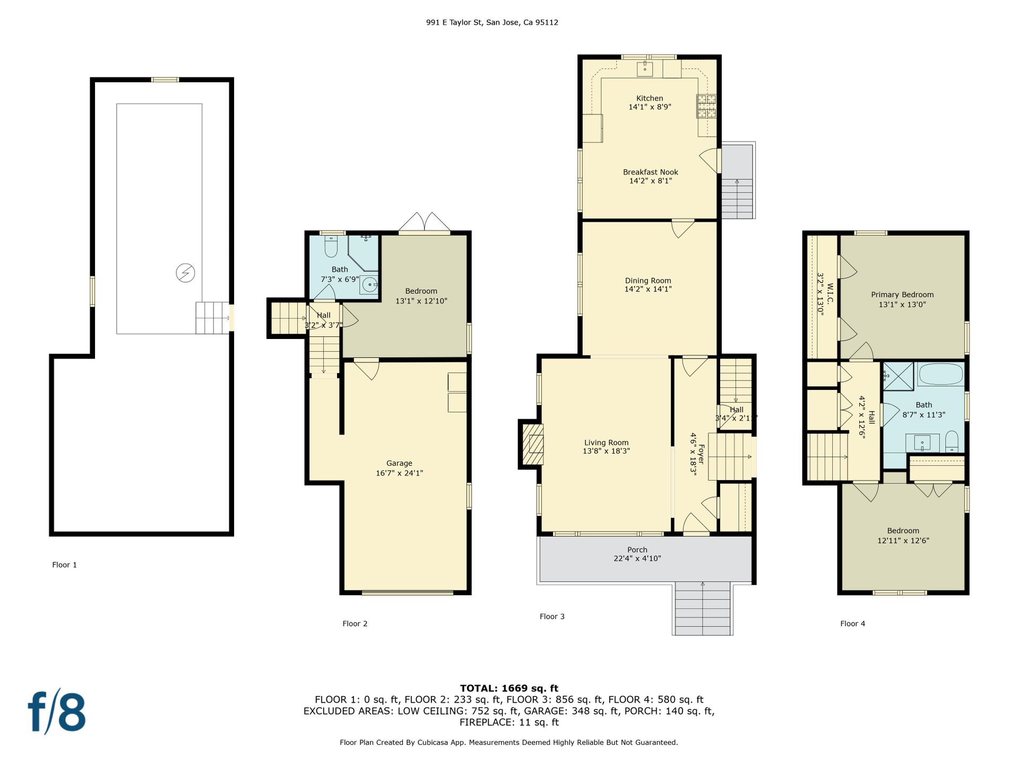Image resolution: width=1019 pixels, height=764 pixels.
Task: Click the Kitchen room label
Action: coord(650,98)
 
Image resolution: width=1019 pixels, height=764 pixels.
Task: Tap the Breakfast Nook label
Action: coord(651,172)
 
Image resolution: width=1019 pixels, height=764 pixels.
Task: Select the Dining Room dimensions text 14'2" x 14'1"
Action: coord(648,289)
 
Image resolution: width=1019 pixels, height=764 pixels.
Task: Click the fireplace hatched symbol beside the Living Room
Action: coord(533,444)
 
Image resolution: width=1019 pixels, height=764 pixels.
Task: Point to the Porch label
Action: coord(637,550)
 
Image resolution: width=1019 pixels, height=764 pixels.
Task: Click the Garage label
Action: coord(399,463)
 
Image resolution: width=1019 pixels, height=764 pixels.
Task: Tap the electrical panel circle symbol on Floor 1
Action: coord(185,273)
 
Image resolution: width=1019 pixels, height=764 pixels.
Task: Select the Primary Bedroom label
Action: coord(902,294)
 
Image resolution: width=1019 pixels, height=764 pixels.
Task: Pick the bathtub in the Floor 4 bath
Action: coord(940,374)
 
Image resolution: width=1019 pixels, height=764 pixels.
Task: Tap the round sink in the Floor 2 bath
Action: coord(370,285)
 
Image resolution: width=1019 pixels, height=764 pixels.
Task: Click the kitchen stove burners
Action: coord(706,106)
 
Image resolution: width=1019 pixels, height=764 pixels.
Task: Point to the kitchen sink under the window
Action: coord(645,69)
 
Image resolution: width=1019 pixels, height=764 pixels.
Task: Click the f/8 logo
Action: coord(57,711)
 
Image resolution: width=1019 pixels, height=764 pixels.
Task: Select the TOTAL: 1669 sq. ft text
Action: coord(509,689)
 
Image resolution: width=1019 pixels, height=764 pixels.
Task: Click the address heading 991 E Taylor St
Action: coord(454,22)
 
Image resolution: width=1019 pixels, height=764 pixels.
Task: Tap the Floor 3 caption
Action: coord(552,617)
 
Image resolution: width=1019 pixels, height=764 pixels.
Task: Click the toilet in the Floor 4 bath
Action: coord(952,441)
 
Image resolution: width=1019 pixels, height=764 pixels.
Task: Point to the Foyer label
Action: coord(701,454)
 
